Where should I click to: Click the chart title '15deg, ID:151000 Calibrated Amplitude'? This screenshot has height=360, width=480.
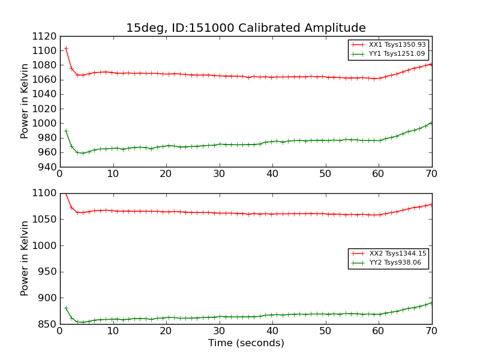tap(245, 28)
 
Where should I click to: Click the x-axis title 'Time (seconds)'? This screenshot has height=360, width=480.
tap(246, 343)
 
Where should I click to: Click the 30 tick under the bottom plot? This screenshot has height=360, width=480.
tap(220, 331)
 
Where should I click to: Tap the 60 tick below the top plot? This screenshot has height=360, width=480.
tap(379, 174)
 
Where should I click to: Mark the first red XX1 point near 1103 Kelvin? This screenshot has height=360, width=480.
tap(66, 49)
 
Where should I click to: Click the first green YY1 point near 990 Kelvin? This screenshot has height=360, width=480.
tap(66, 131)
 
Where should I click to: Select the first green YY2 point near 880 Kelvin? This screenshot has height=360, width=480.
tap(66, 308)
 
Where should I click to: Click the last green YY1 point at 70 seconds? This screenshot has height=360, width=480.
tap(431, 123)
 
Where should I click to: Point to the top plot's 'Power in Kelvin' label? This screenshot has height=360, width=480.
tap(25, 101)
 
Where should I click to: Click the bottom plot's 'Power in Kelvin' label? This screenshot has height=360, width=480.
tap(25, 258)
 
